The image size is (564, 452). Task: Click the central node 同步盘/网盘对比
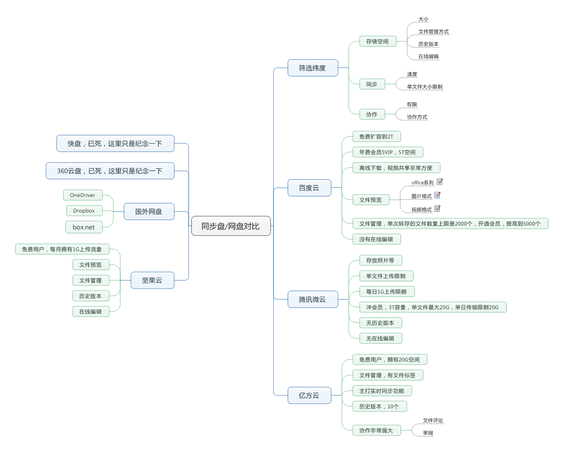pyautogui.click(x=231, y=226)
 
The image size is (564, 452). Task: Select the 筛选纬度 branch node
pyautogui.click(x=312, y=68)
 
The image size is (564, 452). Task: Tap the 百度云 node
pyautogui.click(x=309, y=188)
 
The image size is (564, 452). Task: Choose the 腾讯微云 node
pyautogui.click(x=312, y=299)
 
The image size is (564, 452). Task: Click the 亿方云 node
pyautogui.click(x=309, y=395)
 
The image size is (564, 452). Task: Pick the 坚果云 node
pyautogui.click(x=152, y=280)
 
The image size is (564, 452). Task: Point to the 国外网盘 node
pyautogui.click(x=149, y=211)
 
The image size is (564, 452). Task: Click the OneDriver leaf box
pyautogui.click(x=82, y=195)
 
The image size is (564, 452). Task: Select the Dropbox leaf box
pyautogui.click(x=84, y=211)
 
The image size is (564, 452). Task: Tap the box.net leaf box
pyautogui.click(x=84, y=227)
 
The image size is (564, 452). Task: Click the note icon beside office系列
pyautogui.click(x=440, y=182)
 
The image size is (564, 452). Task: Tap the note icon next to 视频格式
pyautogui.click(x=437, y=209)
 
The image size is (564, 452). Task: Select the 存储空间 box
pyautogui.click(x=377, y=41)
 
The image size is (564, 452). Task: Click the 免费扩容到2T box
pyautogui.click(x=376, y=137)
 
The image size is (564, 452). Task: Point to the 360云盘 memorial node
pyautogui.click(x=110, y=171)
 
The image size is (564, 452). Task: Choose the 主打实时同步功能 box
pyautogui.click(x=382, y=391)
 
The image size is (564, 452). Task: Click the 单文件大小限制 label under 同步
pyautogui.click(x=425, y=87)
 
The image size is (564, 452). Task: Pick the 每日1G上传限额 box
pyautogui.click(x=386, y=291)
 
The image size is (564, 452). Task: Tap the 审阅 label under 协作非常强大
pyautogui.click(x=428, y=433)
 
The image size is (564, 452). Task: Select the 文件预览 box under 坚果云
pyautogui.click(x=91, y=265)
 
